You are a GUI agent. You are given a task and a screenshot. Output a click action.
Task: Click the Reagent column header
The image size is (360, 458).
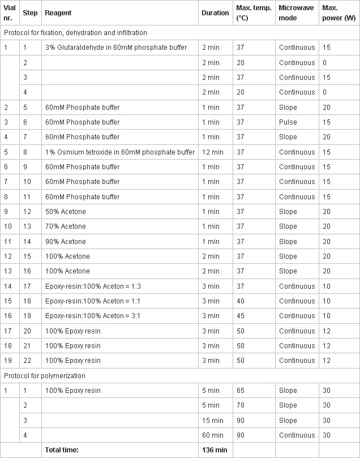click(x=58, y=13)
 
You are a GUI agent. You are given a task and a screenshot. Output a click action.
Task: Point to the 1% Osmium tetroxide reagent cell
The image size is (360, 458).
click(x=120, y=152)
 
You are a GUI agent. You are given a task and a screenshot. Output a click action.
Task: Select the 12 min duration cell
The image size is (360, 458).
click(x=213, y=152)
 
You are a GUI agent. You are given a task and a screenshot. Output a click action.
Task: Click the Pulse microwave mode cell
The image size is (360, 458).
click(x=288, y=122)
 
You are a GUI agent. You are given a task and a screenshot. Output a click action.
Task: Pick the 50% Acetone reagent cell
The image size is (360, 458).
click(x=66, y=211)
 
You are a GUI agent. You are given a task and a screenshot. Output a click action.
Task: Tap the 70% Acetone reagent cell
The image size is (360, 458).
click(x=66, y=226)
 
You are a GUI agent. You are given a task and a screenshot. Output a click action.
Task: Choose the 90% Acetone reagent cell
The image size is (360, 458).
click(x=66, y=241)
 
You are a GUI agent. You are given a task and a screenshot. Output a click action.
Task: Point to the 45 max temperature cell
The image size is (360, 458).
click(x=241, y=316)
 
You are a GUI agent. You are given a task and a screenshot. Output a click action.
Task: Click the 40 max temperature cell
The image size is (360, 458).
click(x=241, y=301)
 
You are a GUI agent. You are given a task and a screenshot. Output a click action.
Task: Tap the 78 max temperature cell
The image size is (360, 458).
click(x=241, y=405)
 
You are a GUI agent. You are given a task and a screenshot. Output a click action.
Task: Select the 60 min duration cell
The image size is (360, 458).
click(x=212, y=435)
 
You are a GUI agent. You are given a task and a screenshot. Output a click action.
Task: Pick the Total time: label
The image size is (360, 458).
click(x=62, y=450)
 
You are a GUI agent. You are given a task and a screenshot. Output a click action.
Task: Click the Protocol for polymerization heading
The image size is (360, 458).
click(x=45, y=376)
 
